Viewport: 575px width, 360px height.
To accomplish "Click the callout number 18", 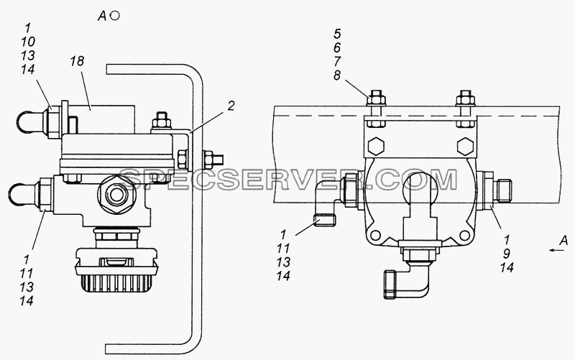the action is coord(78,61).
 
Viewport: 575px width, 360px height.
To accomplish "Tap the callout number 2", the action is coord(231,106).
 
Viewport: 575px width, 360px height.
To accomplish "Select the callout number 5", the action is coord(337,34).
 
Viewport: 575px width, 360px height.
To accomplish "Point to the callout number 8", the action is coord(337,75).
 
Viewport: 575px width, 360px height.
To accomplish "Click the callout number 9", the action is coord(507,254).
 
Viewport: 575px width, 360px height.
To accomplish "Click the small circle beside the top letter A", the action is coord(115,16).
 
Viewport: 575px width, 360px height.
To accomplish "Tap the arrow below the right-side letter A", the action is coord(556,250).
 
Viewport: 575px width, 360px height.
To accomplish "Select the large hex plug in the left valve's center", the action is coord(116,195).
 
